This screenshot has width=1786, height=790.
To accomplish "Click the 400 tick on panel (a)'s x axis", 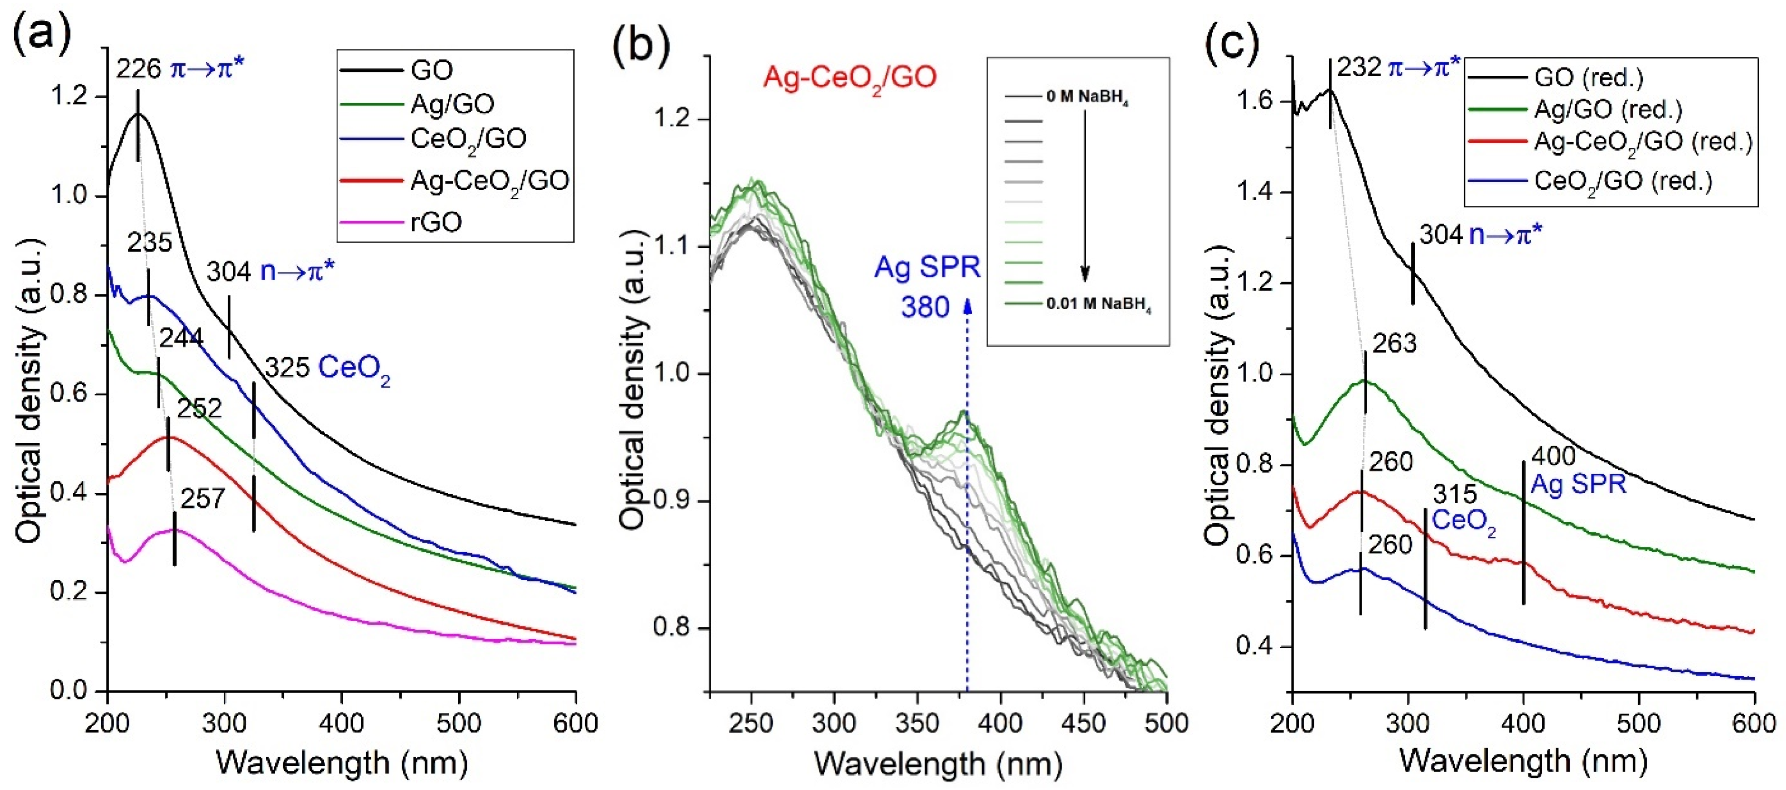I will click(x=342, y=723).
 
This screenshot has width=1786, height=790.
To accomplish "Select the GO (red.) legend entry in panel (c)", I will click(x=1588, y=77).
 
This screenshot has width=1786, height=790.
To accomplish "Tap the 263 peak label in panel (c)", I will click(x=1394, y=343).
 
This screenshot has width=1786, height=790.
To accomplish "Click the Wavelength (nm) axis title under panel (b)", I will click(x=937, y=763).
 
